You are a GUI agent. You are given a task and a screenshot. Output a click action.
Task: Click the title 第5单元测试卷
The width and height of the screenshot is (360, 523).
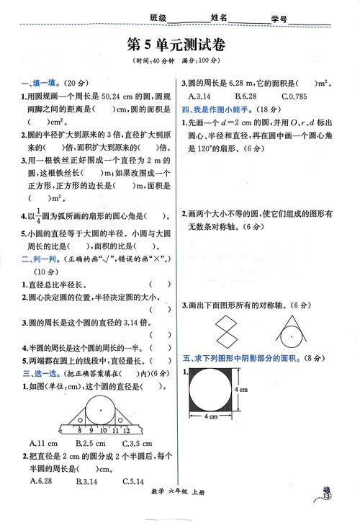coord(180,44)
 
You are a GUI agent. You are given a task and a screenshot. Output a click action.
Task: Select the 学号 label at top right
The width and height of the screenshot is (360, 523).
coord(279,19)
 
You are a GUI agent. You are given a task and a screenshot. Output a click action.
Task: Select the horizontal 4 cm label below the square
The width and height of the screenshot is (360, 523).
coord(215,416)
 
